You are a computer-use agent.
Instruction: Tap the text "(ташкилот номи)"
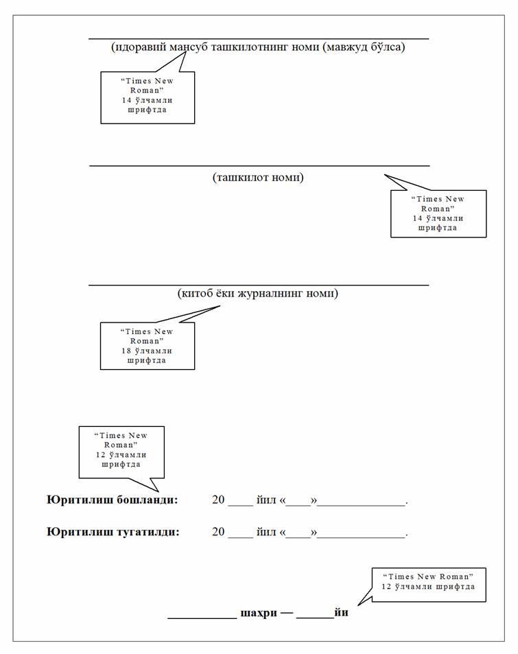tap(258, 178)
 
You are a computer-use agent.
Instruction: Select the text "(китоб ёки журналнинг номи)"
tap(258, 294)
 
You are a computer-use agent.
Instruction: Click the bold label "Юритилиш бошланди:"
tap(113, 500)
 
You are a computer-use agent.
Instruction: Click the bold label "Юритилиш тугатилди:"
tap(113, 532)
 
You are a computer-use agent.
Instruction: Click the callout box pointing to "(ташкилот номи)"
tap(438, 213)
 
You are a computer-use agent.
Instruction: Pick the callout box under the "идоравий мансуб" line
tap(148, 97)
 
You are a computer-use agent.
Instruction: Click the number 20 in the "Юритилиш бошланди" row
tap(219, 500)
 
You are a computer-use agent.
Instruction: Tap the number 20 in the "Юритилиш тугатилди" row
tap(219, 532)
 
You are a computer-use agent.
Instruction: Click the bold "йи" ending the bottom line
tap(341, 612)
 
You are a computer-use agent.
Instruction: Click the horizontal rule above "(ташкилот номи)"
tap(259, 165)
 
